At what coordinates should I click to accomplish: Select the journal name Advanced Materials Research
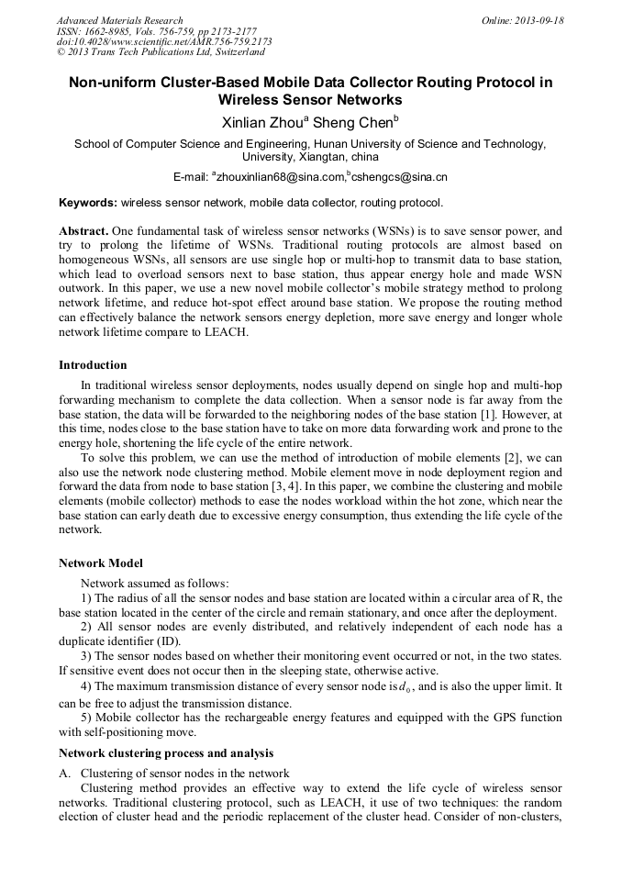point(120,20)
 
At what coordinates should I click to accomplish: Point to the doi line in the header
point(164,41)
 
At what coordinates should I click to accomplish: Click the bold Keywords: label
point(88,202)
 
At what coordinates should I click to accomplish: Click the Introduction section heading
point(93,365)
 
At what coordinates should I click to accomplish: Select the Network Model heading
point(101,563)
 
